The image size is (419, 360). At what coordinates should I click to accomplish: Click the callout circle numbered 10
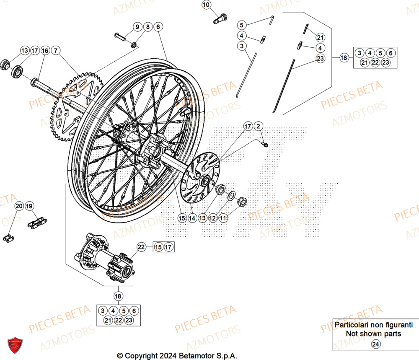coord(206,5)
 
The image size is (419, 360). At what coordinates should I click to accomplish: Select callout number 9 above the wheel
coord(137,27)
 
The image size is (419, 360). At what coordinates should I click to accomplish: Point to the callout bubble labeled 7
coord(56,51)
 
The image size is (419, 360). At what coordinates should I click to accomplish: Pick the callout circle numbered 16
coord(45,51)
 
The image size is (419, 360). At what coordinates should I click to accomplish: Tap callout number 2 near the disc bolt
coord(259,126)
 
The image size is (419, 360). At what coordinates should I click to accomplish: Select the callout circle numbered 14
coord(192,218)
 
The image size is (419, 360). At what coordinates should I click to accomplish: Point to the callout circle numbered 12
coord(213,218)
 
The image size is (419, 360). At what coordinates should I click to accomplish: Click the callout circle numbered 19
coord(29,206)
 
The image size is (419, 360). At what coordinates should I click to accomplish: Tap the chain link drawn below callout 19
coord(37,223)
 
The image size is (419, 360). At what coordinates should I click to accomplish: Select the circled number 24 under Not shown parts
coord(376,344)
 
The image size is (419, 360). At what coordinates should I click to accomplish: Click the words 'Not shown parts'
coord(373,334)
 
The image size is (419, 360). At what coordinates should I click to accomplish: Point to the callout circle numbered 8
coord(147,27)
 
